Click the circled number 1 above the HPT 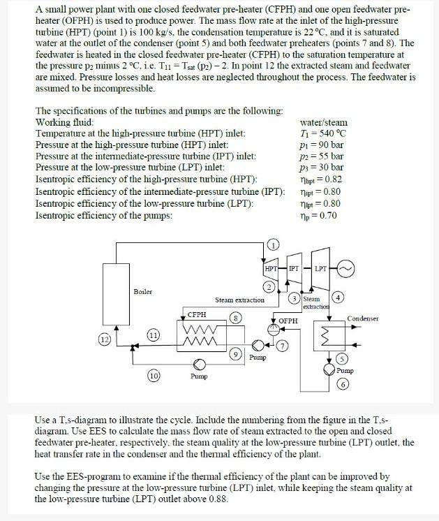(274, 244)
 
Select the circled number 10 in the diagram (154, 376)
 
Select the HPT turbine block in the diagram (271, 270)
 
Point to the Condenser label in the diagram (362, 318)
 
